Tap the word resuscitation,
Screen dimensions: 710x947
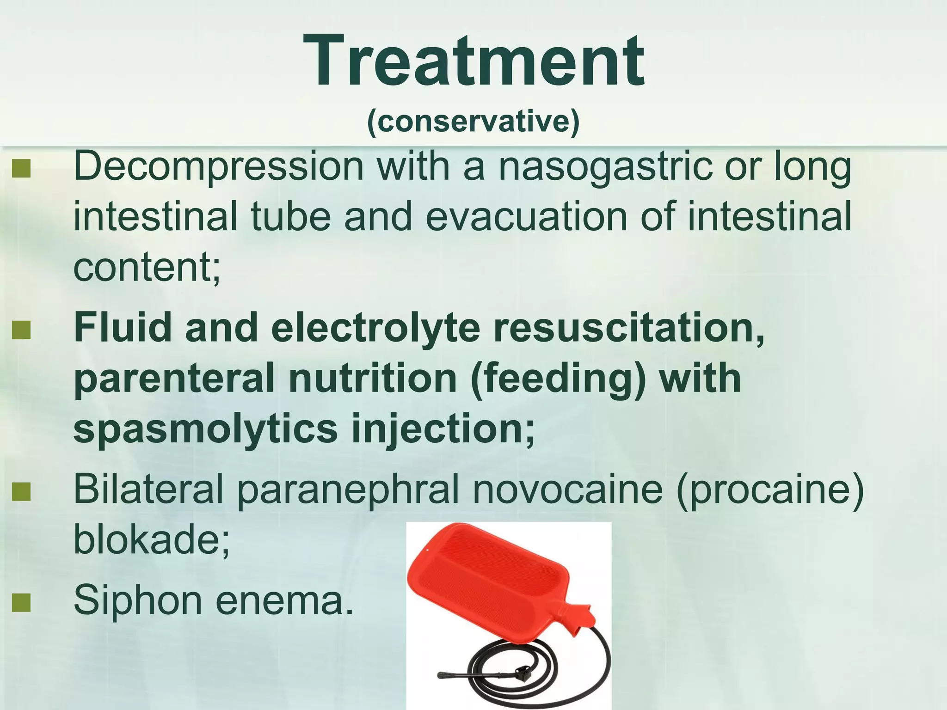(x=629, y=327)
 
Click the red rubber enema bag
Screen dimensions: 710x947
(x=490, y=582)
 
